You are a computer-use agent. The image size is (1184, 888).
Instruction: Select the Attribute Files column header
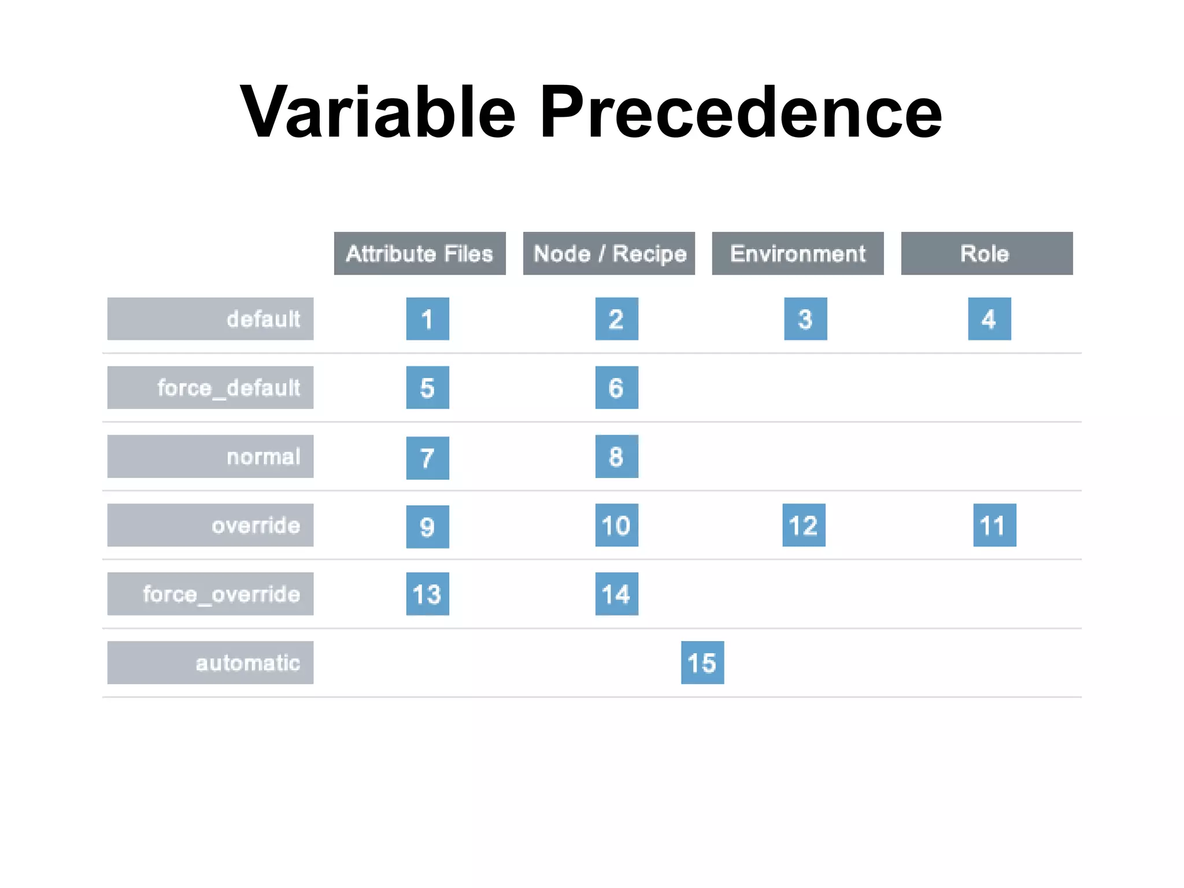pos(420,253)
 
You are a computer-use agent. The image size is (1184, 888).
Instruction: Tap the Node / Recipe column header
pos(609,253)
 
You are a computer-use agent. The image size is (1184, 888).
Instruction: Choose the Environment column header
pos(798,253)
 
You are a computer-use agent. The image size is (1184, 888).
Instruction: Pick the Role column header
pos(986,253)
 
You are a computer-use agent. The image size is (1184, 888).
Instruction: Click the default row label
pos(210,319)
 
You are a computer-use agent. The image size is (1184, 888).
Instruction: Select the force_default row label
pos(210,387)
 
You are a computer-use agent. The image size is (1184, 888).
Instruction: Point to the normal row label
pos(210,456)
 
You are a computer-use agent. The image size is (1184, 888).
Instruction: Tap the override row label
pos(210,525)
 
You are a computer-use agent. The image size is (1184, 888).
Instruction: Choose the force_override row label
pos(210,594)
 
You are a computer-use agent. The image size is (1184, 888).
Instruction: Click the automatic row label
pos(210,663)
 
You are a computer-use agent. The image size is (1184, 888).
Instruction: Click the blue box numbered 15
pos(702,663)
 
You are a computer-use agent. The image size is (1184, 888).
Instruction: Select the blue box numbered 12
pos(804,525)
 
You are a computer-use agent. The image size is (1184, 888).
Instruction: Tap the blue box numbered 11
pos(994,525)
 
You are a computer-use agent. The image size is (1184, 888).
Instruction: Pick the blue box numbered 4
pos(989,319)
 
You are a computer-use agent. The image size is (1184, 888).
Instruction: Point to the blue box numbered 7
pos(427,458)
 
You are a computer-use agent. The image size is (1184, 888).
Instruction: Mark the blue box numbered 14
pos(616,594)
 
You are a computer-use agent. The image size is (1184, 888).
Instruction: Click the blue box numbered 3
pos(805,319)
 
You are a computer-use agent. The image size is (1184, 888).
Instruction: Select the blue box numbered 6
pos(616,387)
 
